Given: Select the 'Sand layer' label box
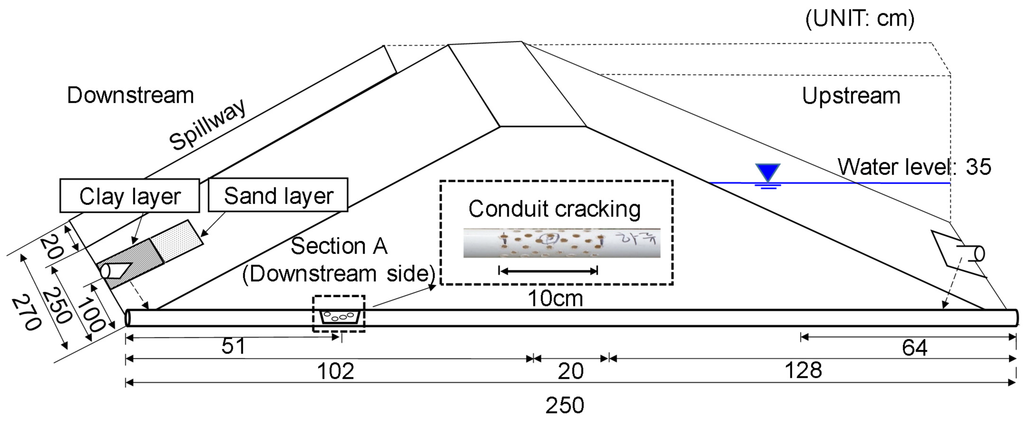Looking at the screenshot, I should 278,195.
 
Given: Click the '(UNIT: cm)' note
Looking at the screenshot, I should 859,19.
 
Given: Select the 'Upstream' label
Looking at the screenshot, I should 851,96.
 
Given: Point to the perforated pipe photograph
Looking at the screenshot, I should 562,243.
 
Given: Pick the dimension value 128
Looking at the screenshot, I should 803,370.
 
